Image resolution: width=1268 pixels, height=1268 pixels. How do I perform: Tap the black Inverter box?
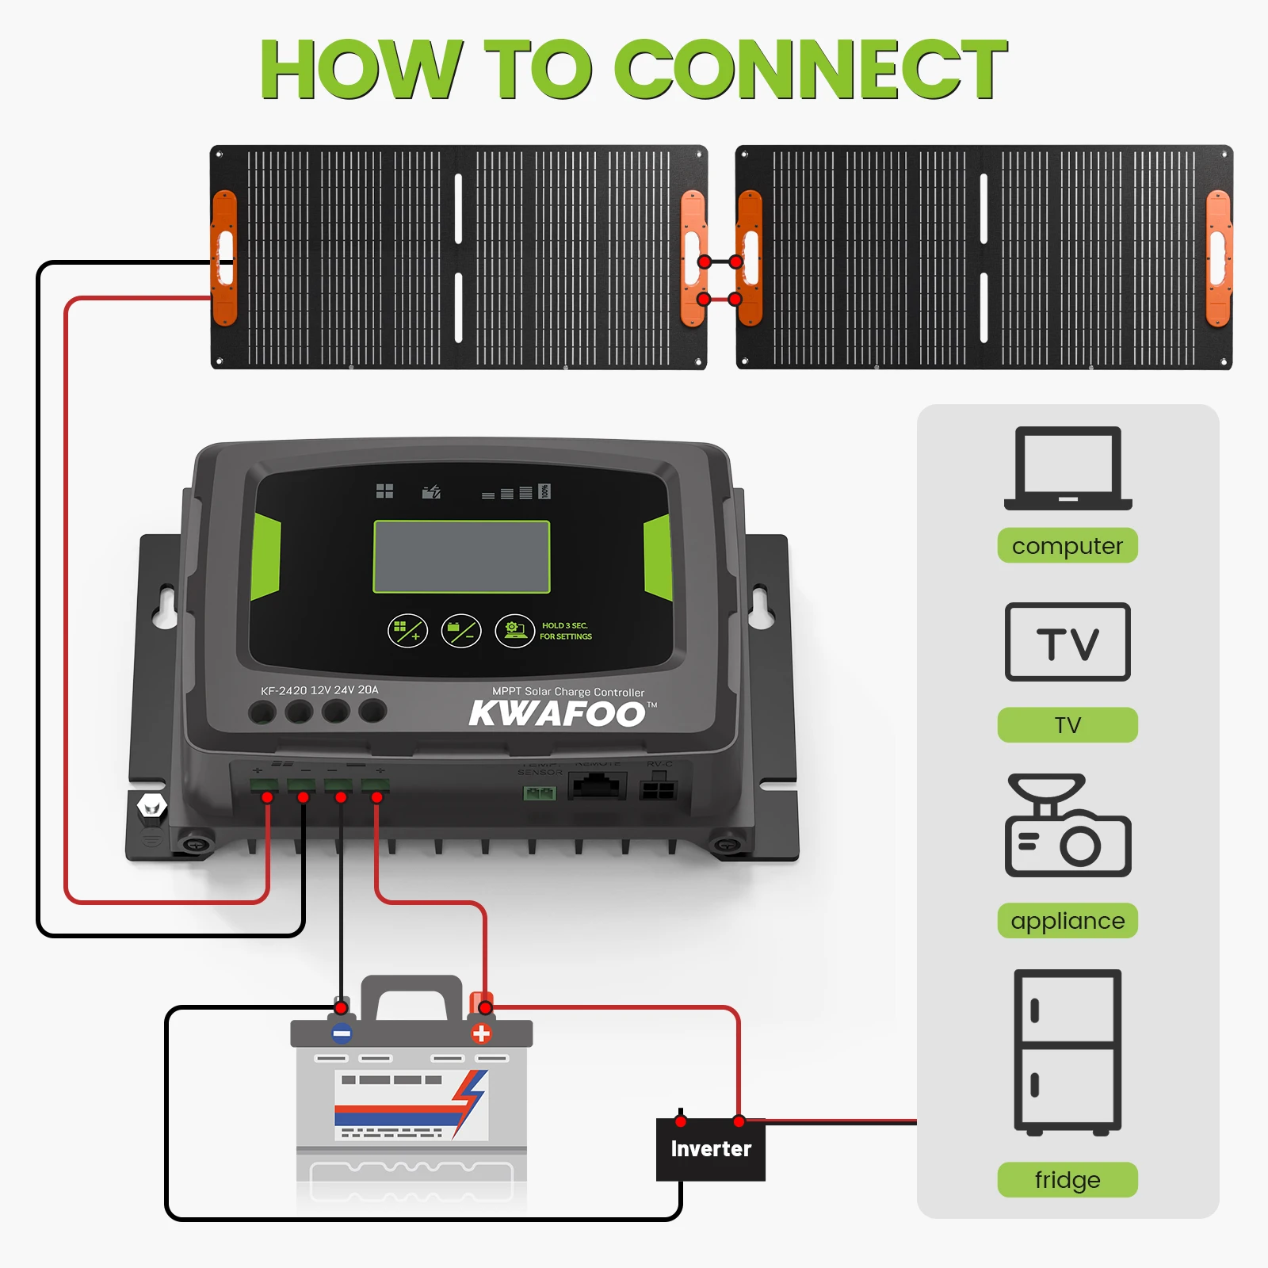[x=711, y=1149]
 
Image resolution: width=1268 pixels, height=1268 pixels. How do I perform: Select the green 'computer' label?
[x=1067, y=546]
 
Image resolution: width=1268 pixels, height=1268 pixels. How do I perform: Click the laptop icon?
[x=1067, y=468]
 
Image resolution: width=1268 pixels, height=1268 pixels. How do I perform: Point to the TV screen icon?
[x=1067, y=642]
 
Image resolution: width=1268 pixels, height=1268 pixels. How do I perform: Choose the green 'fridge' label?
[x=1067, y=1179]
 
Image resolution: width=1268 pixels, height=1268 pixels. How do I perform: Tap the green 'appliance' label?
[x=1067, y=921]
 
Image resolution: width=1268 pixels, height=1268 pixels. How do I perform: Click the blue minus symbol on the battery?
[x=342, y=1033]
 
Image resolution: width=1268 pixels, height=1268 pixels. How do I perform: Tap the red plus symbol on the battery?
[x=481, y=1033]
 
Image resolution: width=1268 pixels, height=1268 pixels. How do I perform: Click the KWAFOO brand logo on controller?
[x=558, y=713]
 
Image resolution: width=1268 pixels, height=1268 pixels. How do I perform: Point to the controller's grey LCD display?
[x=461, y=557]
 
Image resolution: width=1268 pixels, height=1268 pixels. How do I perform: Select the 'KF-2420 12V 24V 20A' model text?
[x=319, y=690]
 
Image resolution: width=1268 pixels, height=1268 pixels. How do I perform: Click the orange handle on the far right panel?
[x=1218, y=258]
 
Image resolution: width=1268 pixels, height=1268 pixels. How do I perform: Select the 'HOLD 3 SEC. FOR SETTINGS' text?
[x=566, y=631]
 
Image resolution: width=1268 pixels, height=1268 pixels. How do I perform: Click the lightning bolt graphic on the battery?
[x=470, y=1102]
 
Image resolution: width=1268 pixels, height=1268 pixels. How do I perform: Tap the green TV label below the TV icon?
[x=1067, y=725]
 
